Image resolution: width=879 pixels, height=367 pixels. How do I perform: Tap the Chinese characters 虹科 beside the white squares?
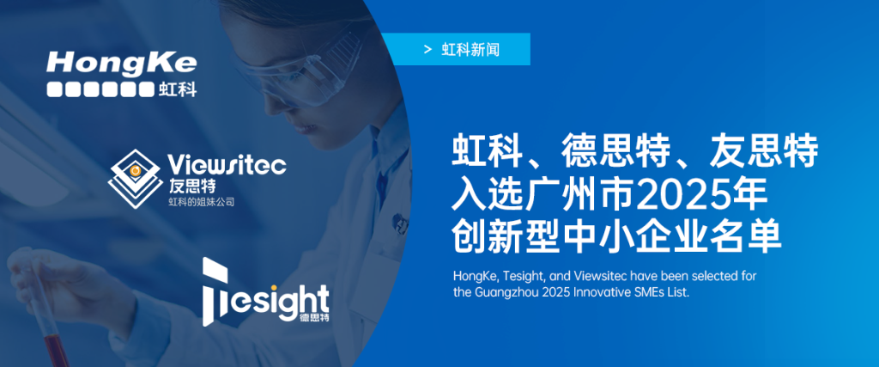(178, 88)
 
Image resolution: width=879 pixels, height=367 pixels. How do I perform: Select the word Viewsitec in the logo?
(227, 165)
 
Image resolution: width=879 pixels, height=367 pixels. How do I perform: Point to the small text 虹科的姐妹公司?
(201, 202)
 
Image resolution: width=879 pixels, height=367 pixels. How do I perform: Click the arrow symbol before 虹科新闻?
(427, 50)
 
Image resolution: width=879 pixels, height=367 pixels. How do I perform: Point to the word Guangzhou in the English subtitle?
(512, 292)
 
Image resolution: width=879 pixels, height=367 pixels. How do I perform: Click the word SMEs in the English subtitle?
(657, 292)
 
